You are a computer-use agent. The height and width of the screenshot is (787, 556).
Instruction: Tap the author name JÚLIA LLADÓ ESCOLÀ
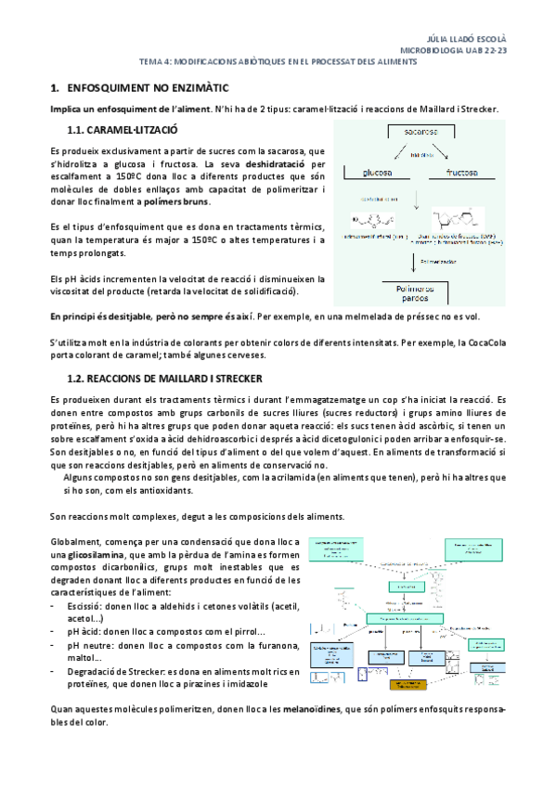472,41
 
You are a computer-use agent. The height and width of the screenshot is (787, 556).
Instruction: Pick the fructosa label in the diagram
466,173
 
